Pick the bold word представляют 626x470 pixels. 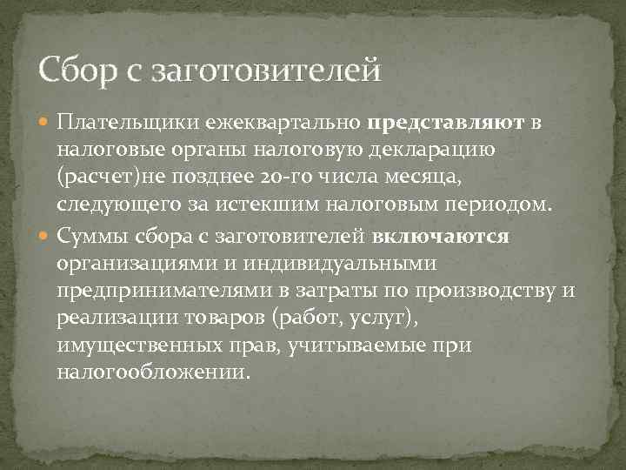pos(445,123)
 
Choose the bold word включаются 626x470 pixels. pos(441,236)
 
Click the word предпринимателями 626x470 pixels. pos(150,292)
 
